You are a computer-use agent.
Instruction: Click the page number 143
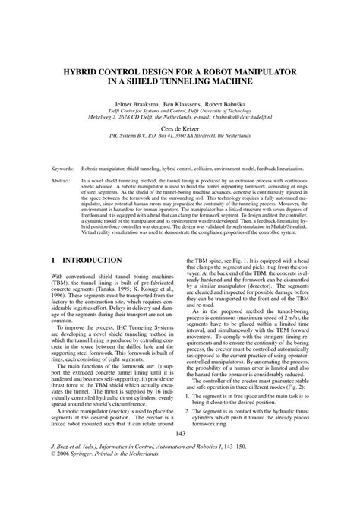(x=180, y=455)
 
